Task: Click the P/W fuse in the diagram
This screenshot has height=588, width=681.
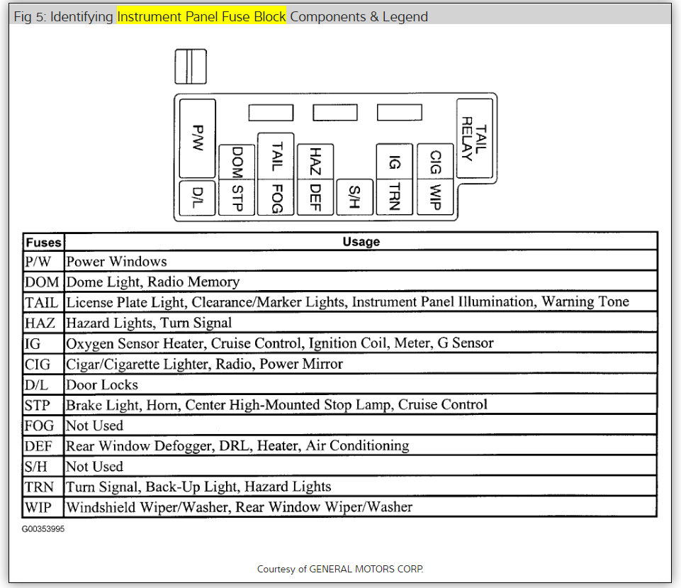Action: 198,138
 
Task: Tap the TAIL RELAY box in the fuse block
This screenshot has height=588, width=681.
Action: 474,138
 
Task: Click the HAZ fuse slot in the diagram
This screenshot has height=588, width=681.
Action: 315,161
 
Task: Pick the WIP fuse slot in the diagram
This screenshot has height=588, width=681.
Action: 435,196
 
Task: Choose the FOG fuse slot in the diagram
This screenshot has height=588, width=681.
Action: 276,196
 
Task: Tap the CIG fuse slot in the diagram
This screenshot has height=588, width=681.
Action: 435,161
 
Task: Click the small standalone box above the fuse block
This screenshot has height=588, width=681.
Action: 190,66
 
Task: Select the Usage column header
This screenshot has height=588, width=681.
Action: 361,242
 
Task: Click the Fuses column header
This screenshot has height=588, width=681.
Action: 43,242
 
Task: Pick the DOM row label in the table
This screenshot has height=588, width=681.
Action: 43,282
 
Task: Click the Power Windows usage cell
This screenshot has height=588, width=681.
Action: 117,262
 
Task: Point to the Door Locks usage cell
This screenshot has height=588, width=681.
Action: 102,385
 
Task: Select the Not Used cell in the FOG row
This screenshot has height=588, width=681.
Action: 94,426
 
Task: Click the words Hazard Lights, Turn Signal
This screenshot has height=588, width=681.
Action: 149,323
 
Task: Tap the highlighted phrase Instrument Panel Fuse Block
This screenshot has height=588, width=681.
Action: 201,16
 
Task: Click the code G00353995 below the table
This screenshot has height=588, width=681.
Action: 43,529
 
